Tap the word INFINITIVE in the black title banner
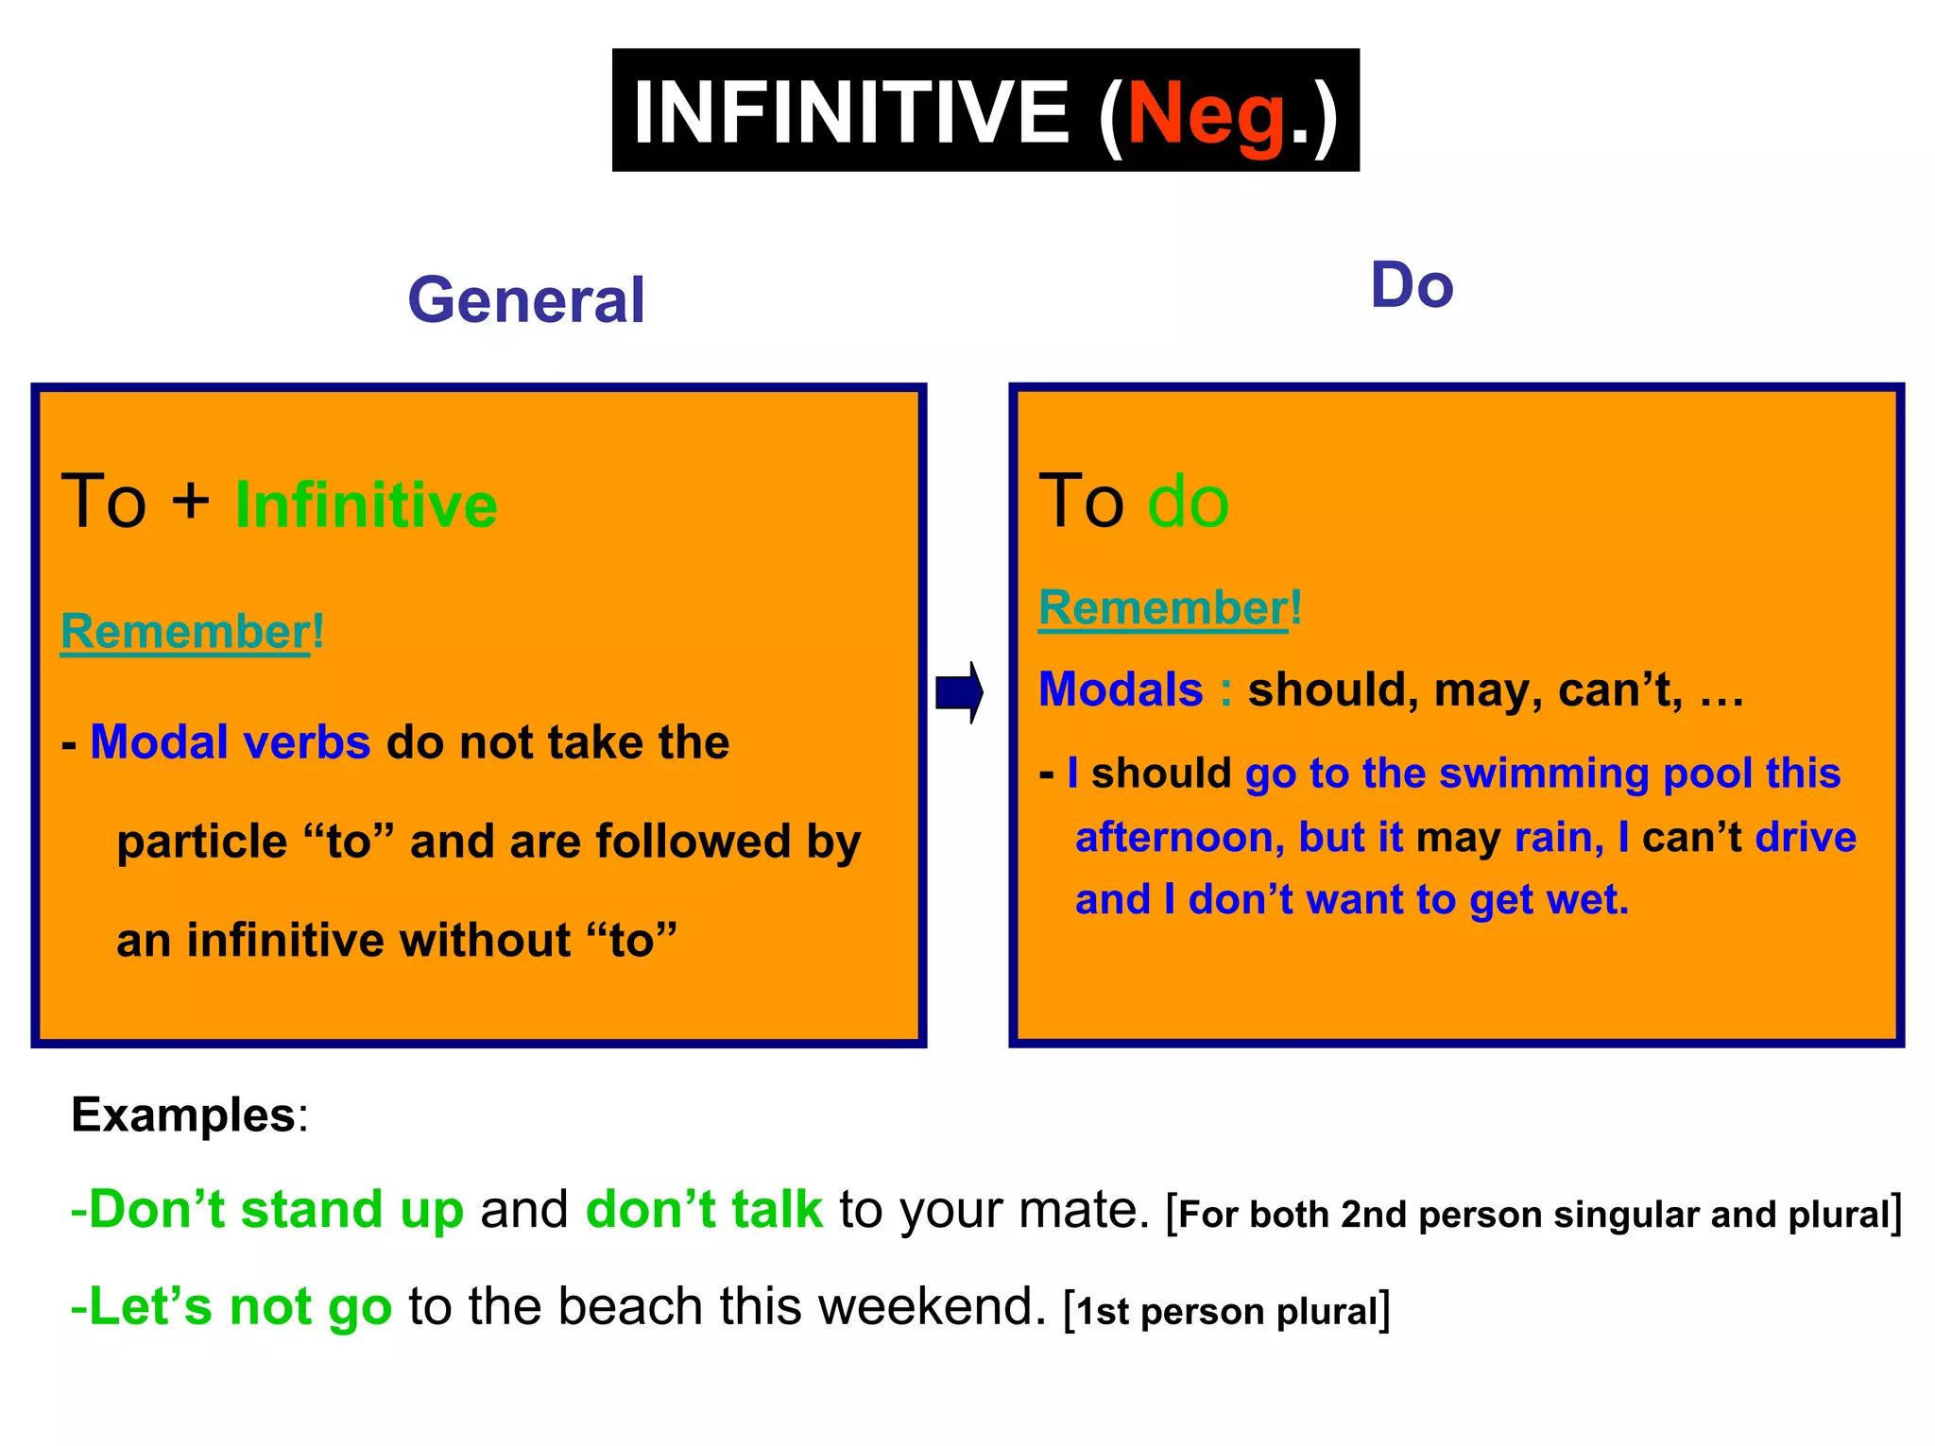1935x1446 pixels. pos(850,111)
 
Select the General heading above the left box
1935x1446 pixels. pos(526,300)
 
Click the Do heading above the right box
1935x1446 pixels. pos(1412,285)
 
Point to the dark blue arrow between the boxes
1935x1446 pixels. pos(959,692)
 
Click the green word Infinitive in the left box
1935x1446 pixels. pos(366,504)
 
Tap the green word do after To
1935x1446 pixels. pos(1188,501)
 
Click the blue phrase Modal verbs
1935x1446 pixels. pos(230,742)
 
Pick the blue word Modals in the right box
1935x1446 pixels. pos(1121,689)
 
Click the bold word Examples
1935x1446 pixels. pos(183,1114)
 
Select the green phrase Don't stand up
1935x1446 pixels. pos(267,1209)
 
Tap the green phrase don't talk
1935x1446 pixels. pos(704,1209)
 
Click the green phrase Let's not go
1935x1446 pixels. pos(231,1306)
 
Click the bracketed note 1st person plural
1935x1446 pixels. pos(1226,1312)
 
